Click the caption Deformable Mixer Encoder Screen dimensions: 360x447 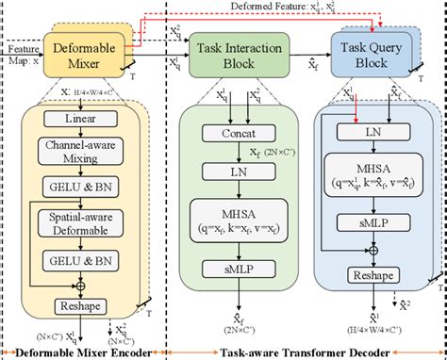[x=85, y=352]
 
